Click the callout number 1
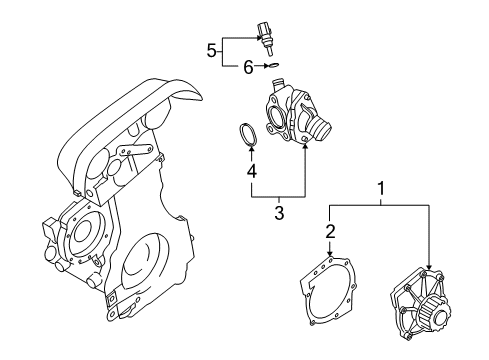click(379, 187)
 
